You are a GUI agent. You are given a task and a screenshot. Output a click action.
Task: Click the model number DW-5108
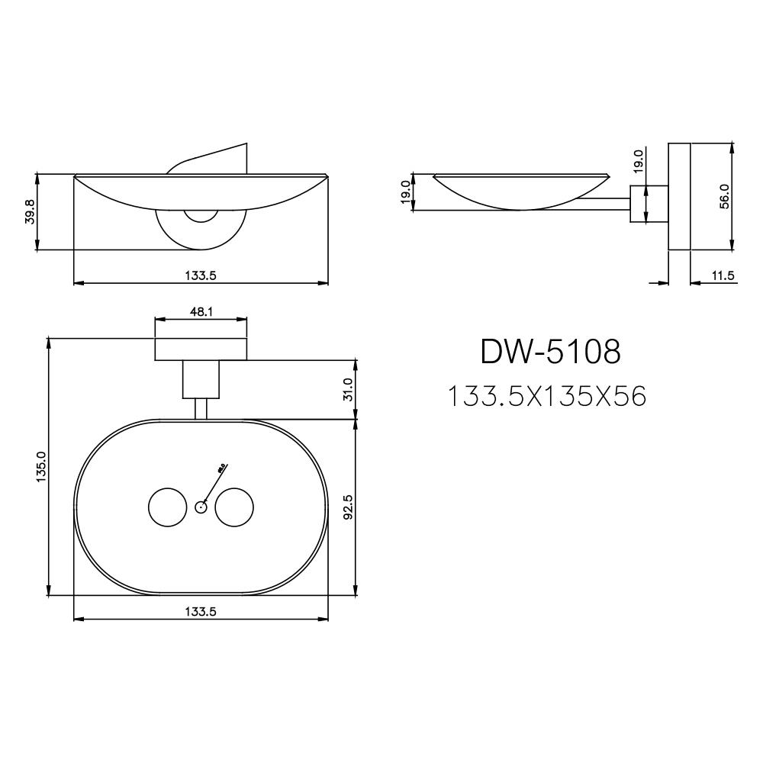coord(550,352)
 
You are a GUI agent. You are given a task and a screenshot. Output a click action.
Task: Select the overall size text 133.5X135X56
coord(546,396)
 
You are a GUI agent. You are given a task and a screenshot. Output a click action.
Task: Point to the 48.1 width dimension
coord(201,312)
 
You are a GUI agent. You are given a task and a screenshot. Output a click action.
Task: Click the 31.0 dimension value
coord(348,388)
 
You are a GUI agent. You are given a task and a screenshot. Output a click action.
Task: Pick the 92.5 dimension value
coord(348,507)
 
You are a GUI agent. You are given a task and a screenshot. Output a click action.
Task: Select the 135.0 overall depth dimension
coord(40,465)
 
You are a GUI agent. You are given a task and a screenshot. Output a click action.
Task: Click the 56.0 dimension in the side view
coord(724,196)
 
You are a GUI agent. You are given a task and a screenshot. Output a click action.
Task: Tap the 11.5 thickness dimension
coord(722,276)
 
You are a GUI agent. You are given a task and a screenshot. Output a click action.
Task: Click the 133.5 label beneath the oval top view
coord(201,611)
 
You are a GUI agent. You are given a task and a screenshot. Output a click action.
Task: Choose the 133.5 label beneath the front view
coord(201,276)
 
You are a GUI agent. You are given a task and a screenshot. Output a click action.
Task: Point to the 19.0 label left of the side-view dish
coord(405,191)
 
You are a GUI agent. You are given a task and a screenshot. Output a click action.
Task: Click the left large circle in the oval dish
coord(166,507)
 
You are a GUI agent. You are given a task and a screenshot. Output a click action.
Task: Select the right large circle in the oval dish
coord(234,507)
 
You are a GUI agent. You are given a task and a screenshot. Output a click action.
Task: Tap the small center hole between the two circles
coord(201,507)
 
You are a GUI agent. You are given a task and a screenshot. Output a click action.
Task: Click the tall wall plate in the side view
coord(679,196)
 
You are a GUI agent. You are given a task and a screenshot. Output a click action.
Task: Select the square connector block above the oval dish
coord(201,379)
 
